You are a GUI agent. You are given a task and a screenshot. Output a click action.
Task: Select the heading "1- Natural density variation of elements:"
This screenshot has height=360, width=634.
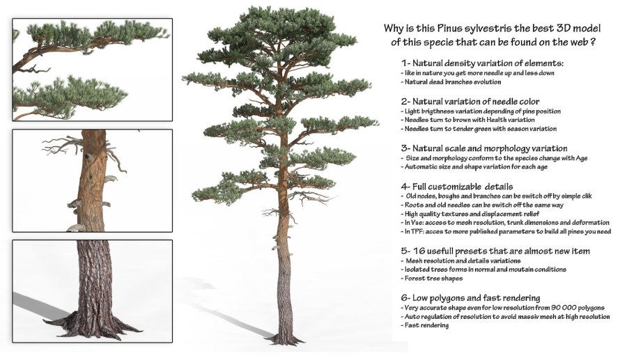pyautogui.click(x=482, y=63)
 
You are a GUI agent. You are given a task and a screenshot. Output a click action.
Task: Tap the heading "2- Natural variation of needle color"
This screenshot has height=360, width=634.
pyautogui.click(x=470, y=102)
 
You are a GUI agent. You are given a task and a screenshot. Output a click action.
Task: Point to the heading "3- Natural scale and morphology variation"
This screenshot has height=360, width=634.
pyautogui.click(x=484, y=148)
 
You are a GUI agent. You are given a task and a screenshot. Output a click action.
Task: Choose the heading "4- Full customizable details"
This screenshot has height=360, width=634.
pyautogui.click(x=457, y=187)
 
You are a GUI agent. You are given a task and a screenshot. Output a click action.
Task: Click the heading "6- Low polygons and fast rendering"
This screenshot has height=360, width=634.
pyautogui.click(x=471, y=298)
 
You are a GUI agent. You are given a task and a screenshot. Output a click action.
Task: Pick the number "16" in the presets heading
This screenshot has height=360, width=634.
pyautogui.click(x=419, y=251)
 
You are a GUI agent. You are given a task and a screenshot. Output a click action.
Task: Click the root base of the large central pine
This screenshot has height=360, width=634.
pyautogui.click(x=286, y=338)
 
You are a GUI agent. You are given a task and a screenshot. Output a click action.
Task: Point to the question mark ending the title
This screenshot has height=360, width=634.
pyautogui.click(x=592, y=42)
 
